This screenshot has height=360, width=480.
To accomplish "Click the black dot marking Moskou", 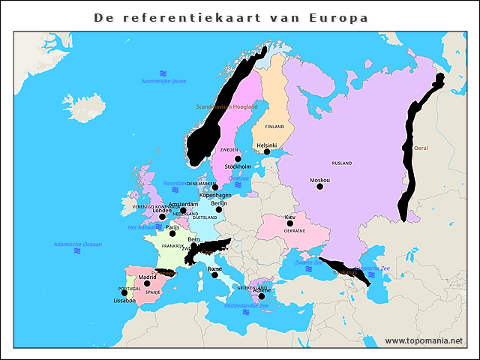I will click(x=320, y=187).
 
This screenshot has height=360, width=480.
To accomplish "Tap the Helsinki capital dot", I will click(x=267, y=151).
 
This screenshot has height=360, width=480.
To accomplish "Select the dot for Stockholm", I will click(x=238, y=159).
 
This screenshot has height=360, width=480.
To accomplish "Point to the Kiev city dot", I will click(x=290, y=223).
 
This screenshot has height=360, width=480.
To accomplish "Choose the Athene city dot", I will click(x=261, y=296).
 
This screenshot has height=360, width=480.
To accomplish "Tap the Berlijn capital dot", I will click(x=218, y=209).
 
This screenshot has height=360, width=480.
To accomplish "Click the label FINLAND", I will click(x=274, y=127).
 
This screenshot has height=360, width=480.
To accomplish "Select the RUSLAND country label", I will click(x=342, y=163).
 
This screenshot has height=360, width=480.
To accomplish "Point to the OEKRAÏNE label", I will click(x=294, y=231).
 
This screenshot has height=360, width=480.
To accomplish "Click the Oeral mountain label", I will click(x=421, y=148).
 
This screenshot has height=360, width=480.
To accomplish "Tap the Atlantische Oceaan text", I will click(x=77, y=244).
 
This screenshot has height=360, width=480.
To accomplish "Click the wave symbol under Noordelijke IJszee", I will click(x=163, y=73).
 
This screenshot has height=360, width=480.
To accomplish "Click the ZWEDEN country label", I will click(x=229, y=150).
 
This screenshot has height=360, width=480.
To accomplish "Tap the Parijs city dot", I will click(x=172, y=233).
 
